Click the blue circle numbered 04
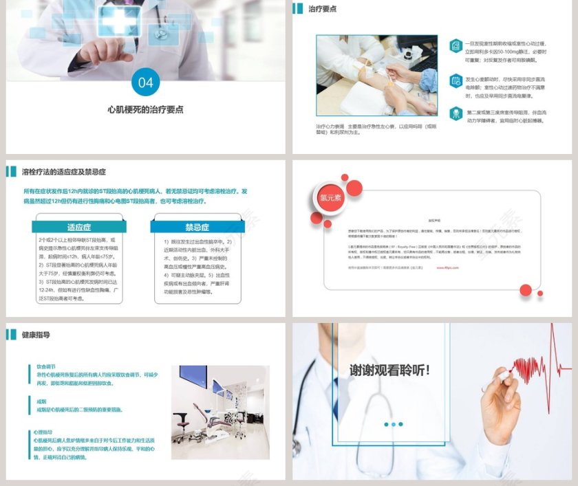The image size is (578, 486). click(x=145, y=83)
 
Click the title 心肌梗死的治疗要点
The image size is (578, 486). click(x=145, y=109)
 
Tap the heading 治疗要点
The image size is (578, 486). click(x=322, y=9)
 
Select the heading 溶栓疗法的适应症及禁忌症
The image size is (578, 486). click(x=63, y=172)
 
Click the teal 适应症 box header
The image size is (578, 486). click(x=78, y=227)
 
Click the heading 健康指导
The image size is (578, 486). click(x=36, y=335)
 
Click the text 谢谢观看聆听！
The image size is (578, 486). click(x=389, y=370)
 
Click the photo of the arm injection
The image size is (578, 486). click(x=376, y=76)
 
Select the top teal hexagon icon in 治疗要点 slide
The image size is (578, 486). click(x=456, y=45)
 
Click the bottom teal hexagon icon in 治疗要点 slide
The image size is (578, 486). click(x=456, y=113)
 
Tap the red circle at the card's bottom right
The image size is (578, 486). click(x=526, y=290)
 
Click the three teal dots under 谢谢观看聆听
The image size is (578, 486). click(x=394, y=424)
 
